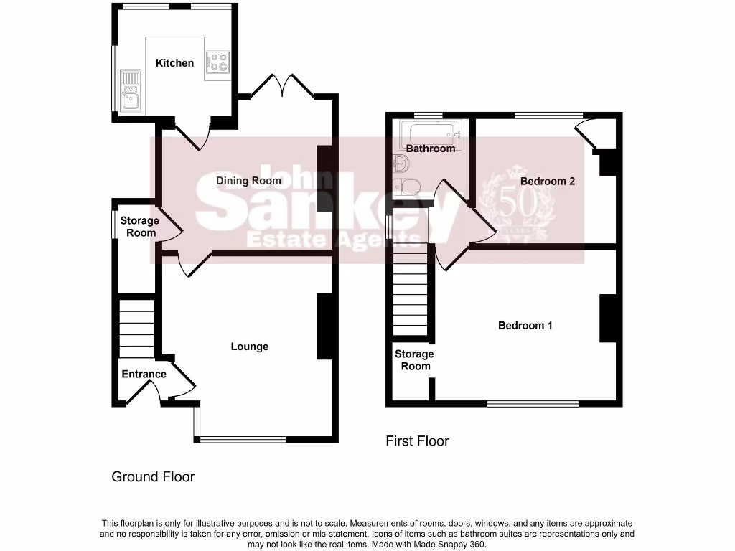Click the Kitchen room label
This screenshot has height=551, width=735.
click(x=174, y=63)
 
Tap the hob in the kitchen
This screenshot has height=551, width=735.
click(x=217, y=62)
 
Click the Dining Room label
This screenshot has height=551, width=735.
click(x=248, y=181)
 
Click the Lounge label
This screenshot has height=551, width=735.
click(x=249, y=347)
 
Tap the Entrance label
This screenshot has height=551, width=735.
click(x=144, y=374)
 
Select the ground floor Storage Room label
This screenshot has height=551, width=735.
click(x=139, y=227)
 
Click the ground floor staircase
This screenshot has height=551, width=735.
click(x=136, y=328)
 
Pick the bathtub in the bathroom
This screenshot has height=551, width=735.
click(x=429, y=133)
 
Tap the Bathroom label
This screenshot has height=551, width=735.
click(x=431, y=149)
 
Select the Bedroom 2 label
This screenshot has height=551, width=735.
click(x=548, y=182)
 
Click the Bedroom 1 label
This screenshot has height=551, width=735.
click(x=525, y=325)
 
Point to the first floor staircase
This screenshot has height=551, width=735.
click(x=410, y=294)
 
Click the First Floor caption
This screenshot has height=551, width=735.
click(x=417, y=441)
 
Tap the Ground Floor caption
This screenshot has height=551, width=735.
click(x=153, y=476)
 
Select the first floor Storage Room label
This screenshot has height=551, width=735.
click(x=415, y=360)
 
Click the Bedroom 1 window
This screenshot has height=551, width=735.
click(x=533, y=404)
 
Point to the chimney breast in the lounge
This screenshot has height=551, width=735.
click(x=324, y=326)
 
